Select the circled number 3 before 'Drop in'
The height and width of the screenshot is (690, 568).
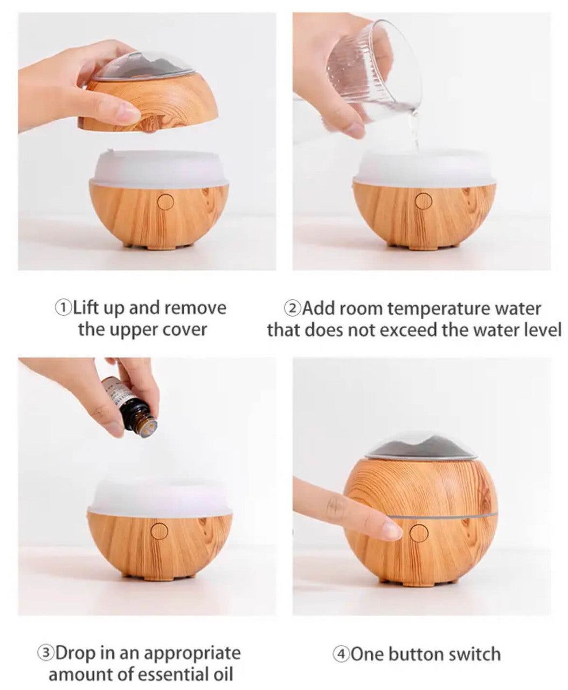[45, 653]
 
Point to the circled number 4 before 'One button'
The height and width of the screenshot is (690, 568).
[341, 654]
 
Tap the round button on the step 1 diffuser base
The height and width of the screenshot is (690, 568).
[165, 202]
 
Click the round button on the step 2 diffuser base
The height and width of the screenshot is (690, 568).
[424, 201]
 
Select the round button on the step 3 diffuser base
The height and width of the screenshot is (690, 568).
[160, 531]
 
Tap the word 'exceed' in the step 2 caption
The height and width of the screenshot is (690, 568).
[408, 329]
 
